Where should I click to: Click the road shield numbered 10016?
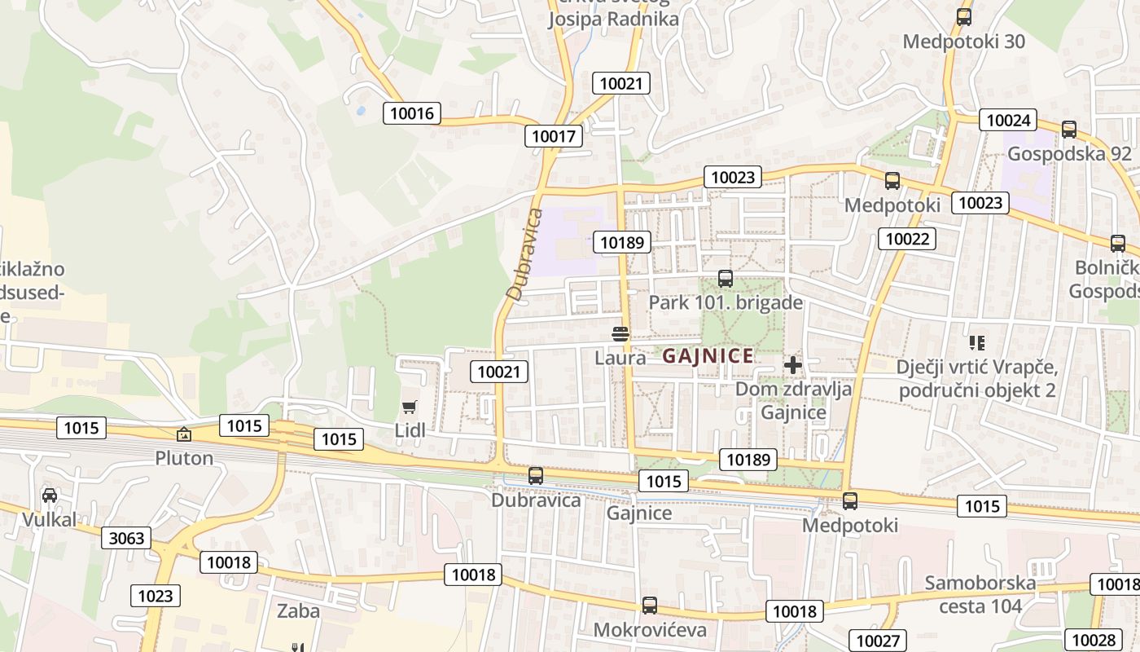point(411,113)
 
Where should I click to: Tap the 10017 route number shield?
point(554,136)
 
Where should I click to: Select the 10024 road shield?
point(1008,121)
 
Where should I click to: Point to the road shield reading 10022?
point(907,239)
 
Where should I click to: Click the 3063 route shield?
point(126,538)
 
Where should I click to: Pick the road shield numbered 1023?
point(155,596)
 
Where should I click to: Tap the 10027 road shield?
point(877,641)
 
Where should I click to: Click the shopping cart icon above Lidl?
point(410,406)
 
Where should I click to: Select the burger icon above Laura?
point(620,333)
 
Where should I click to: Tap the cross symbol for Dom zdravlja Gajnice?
point(793,364)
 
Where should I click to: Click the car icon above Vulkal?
point(50,495)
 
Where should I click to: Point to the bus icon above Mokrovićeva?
point(649,606)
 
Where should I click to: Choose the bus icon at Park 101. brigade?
point(726,279)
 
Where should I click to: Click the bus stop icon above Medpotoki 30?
point(964,16)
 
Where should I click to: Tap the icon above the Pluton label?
point(184,435)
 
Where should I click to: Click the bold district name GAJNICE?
point(708,356)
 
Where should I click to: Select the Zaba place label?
point(298,610)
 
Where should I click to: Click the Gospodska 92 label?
point(1069,154)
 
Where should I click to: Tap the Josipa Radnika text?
point(612,20)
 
